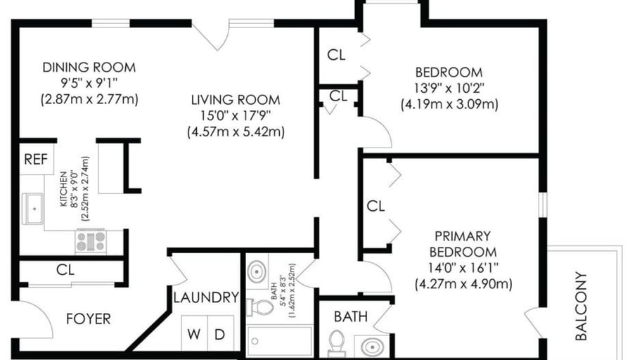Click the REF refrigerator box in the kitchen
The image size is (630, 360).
tap(37, 159)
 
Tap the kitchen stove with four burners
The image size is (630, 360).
tap(91, 241)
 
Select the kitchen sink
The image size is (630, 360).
tap(32, 209)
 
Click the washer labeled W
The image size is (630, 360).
tap(194, 333)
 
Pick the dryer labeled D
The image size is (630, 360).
tap(220, 333)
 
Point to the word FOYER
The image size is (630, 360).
tap(89, 319)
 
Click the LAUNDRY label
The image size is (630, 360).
tap(206, 297)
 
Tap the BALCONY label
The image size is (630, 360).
tap(581, 306)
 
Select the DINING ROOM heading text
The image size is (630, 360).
tap(89, 67)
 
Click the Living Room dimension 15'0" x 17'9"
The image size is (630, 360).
tap(236, 116)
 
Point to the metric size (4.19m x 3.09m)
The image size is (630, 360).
tap(449, 105)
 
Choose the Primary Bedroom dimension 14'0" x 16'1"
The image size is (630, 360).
tap(463, 268)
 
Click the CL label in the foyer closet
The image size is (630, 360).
tap(65, 269)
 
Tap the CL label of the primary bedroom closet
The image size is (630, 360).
tap(375, 207)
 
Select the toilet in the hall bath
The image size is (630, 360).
tap(260, 307)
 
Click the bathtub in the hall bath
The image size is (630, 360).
tap(280, 341)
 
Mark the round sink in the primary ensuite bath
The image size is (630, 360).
tap(373, 346)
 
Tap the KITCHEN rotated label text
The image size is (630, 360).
tap(63, 189)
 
